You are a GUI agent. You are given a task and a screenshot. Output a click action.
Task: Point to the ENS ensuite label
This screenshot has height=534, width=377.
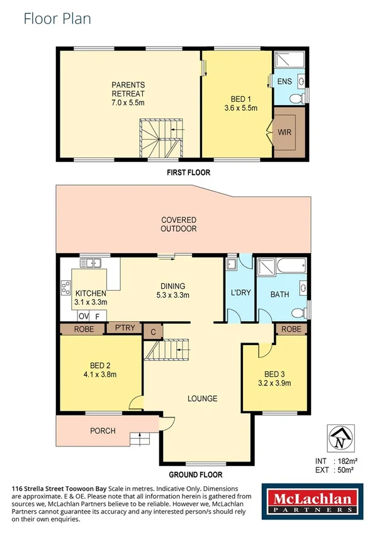pyautogui.click(x=284, y=81)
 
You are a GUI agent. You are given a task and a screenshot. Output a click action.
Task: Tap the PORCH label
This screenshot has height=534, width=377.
pyautogui.click(x=103, y=431)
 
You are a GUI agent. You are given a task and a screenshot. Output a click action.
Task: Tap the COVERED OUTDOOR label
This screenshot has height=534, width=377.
pyautogui.click(x=179, y=224)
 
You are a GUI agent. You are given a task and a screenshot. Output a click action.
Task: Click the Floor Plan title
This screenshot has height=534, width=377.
pyautogui.click(x=57, y=18)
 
